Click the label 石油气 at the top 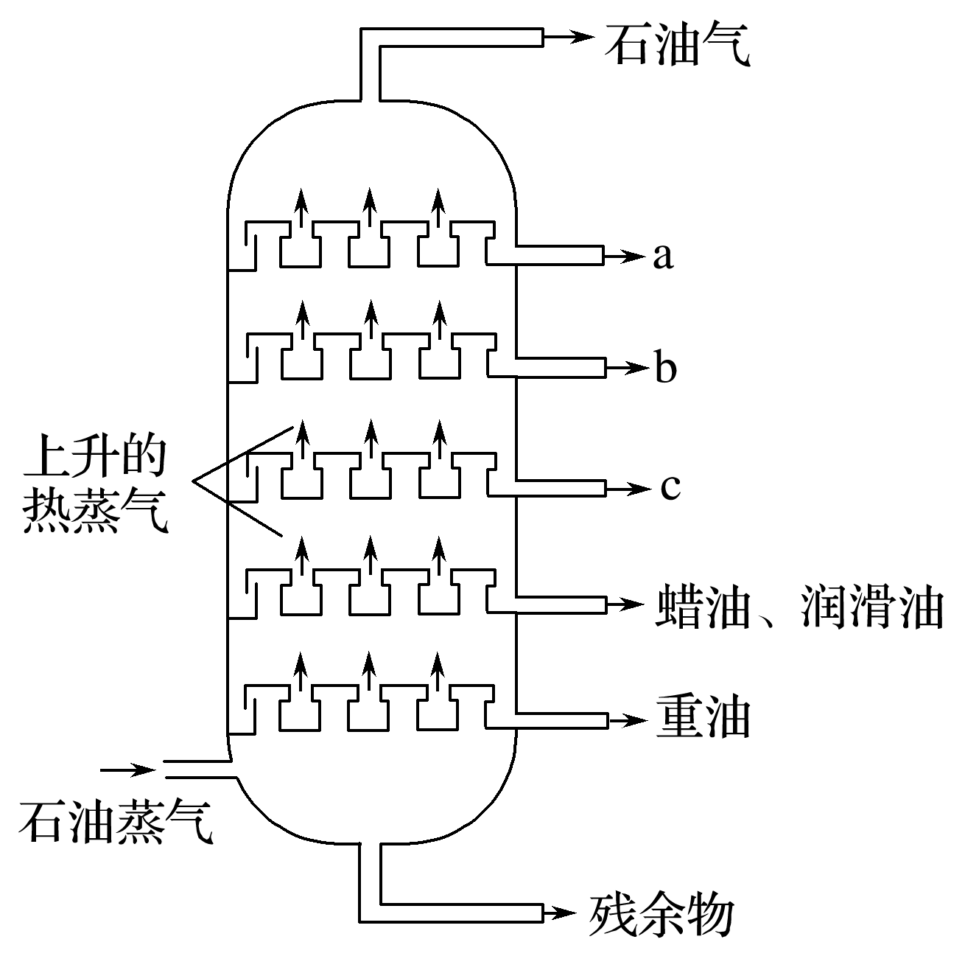[x=677, y=43]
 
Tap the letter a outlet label [x=663, y=256]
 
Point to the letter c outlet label [x=670, y=487]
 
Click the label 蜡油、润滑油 [x=799, y=606]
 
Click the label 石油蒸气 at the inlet [x=116, y=822]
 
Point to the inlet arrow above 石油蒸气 [x=129, y=770]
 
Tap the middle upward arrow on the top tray [x=369, y=207]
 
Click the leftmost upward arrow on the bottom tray [x=300, y=671]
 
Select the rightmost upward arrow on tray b [x=439, y=321]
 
